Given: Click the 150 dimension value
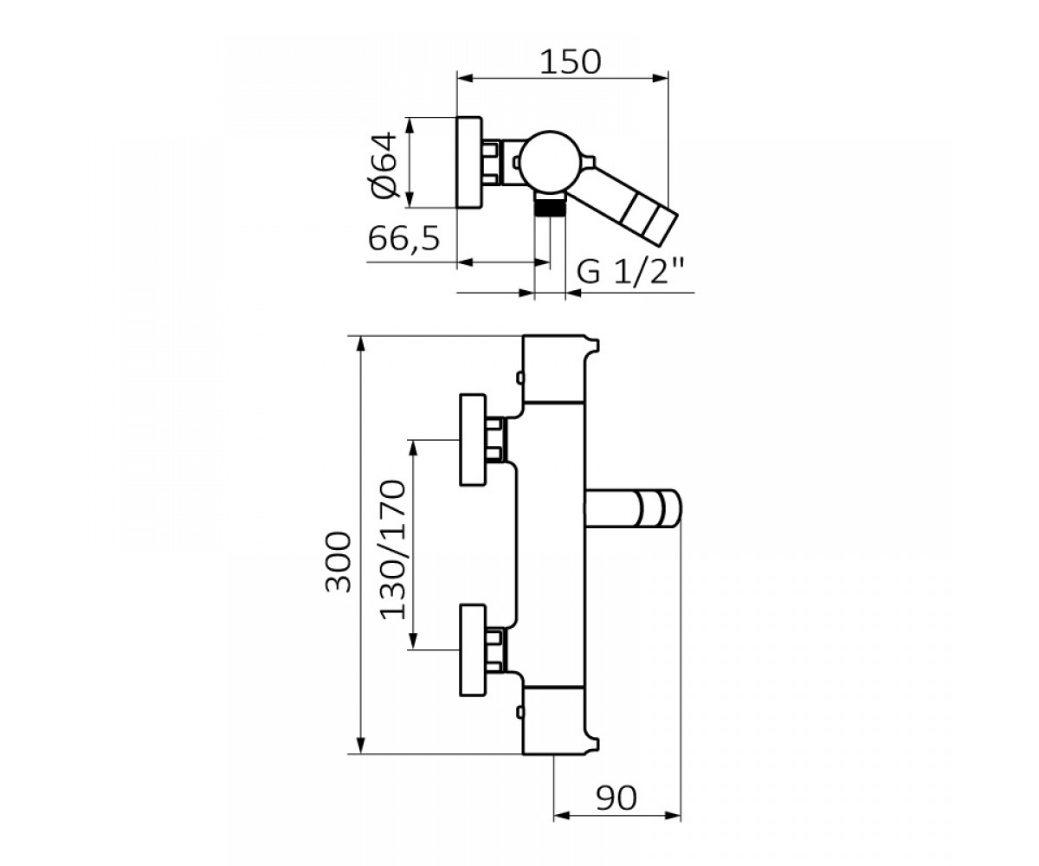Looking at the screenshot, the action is (571, 62).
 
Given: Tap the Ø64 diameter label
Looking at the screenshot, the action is (385, 165).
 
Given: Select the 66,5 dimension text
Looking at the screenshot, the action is (404, 238).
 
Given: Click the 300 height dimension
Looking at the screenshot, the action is (339, 562).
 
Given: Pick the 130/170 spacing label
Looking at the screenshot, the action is (393, 549).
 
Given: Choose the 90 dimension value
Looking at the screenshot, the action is (616, 798).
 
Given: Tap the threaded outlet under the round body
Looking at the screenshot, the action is (550, 204).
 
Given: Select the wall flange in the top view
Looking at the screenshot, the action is (469, 162).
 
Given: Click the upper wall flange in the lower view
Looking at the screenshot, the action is (472, 439).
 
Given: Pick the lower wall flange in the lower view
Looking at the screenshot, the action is (472, 649).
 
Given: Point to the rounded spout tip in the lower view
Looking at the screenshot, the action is (661, 509).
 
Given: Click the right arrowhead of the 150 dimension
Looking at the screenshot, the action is (660, 78).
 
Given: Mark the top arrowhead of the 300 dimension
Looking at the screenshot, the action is (362, 344).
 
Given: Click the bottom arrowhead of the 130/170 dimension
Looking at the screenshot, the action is (412, 641).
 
